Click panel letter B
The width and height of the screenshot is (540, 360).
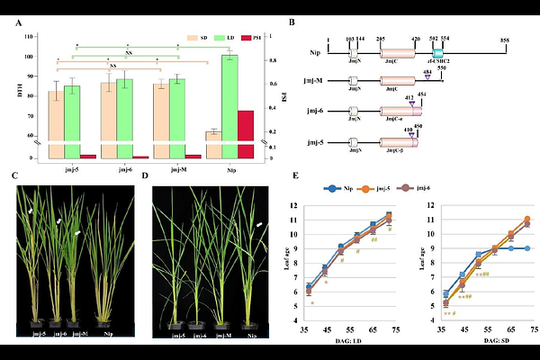coord(311,21)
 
